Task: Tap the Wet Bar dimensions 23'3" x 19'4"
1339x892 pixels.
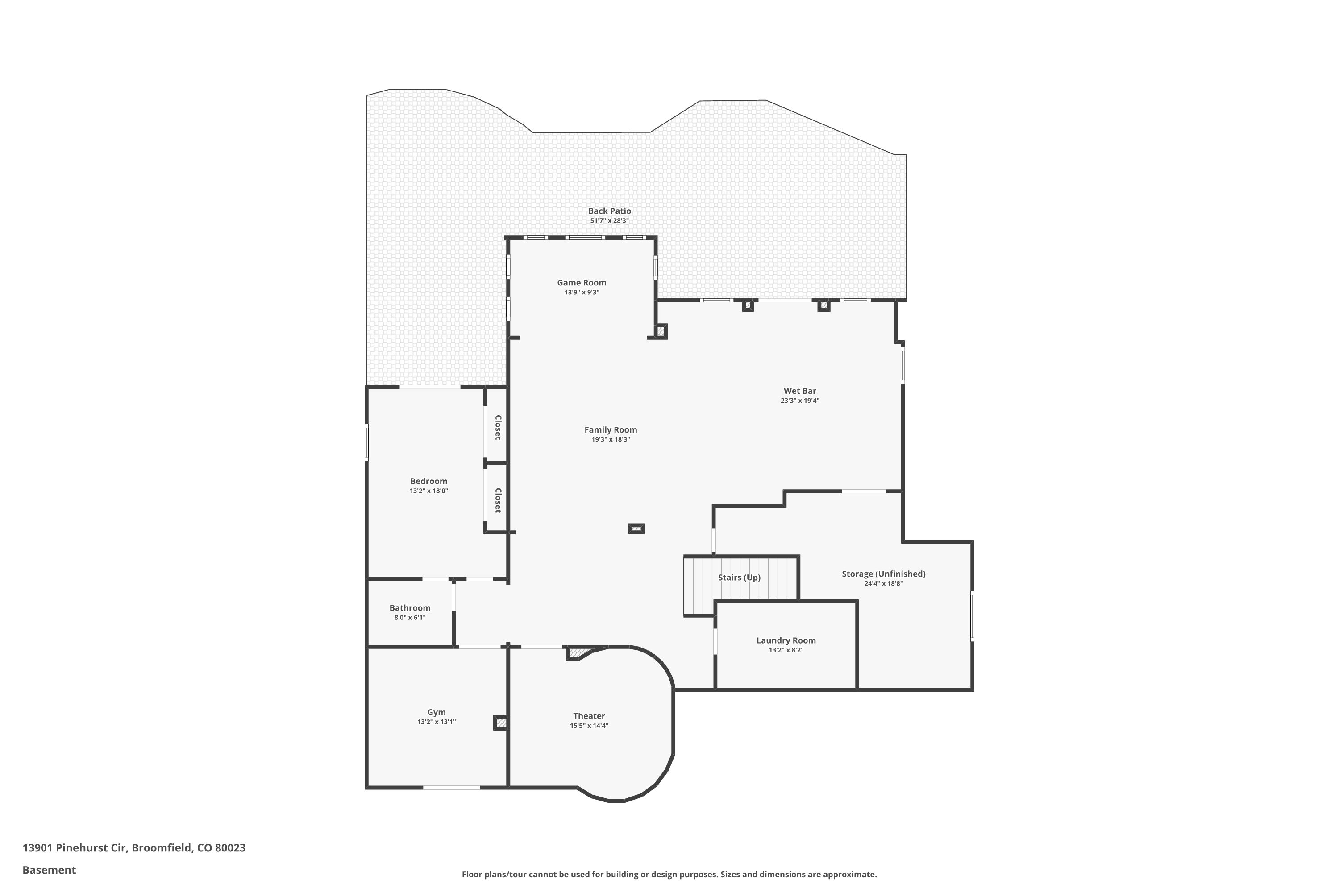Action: pyautogui.click(x=799, y=401)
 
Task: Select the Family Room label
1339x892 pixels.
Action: pyautogui.click(x=610, y=430)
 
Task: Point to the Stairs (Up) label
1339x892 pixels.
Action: pyautogui.click(x=739, y=578)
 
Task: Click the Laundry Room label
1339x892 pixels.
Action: pyautogui.click(x=786, y=640)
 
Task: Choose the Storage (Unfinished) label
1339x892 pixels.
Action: pyautogui.click(x=883, y=574)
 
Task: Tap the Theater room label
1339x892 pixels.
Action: pyautogui.click(x=589, y=716)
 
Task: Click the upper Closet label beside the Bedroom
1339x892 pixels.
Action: pyautogui.click(x=498, y=427)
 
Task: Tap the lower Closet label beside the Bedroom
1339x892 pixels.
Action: pyautogui.click(x=498, y=500)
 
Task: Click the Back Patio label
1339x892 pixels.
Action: pyautogui.click(x=609, y=211)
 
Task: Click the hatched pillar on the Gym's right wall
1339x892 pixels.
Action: pyautogui.click(x=500, y=723)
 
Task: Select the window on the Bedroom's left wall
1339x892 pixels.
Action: pyautogui.click(x=366, y=442)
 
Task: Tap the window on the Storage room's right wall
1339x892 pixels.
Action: pyautogui.click(x=972, y=616)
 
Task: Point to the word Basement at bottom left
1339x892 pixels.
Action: pyautogui.click(x=49, y=870)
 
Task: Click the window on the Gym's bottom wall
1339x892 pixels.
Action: pyautogui.click(x=451, y=787)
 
